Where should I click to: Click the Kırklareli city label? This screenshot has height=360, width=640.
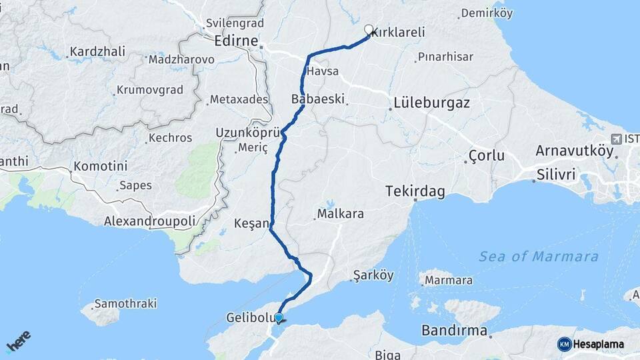[x=398, y=32]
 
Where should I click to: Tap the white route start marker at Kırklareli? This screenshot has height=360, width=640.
[x=369, y=29]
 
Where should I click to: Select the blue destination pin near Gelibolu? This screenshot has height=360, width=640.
[x=279, y=319]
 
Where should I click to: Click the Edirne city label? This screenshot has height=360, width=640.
[x=236, y=41]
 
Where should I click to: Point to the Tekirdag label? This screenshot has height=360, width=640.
[x=415, y=192]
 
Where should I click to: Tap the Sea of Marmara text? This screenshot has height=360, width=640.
[x=539, y=257]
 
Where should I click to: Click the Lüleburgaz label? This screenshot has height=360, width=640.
[x=432, y=103]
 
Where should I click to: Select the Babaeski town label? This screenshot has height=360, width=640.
[x=318, y=99]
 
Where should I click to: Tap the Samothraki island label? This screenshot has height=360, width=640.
[x=125, y=303]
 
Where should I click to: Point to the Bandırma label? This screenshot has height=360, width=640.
[x=455, y=331]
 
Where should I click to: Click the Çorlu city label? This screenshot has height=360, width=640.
[x=486, y=157]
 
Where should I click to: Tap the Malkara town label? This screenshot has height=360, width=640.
[x=341, y=215]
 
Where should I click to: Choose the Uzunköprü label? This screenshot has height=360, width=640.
[x=241, y=133]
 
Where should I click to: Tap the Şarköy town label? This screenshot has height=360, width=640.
[x=373, y=275]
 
